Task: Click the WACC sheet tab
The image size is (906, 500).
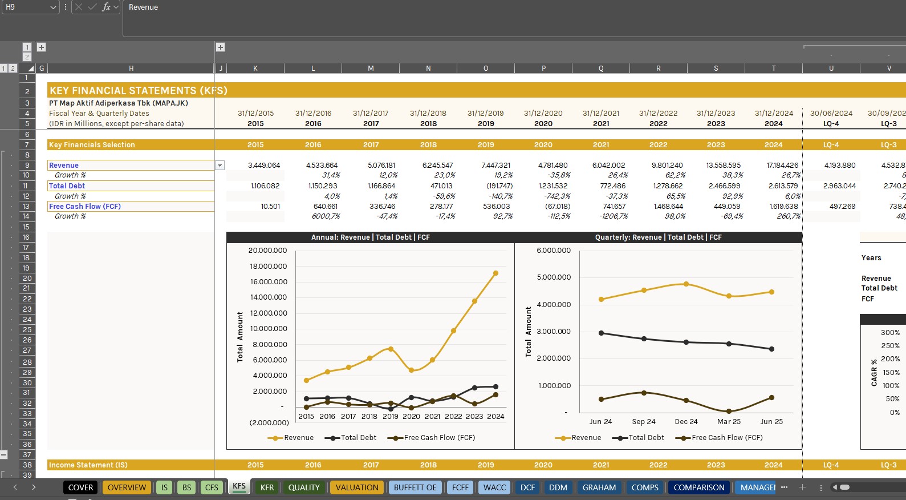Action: [x=494, y=487]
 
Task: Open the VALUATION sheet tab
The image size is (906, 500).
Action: [x=357, y=487]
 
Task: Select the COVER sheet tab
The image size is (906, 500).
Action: [x=80, y=487]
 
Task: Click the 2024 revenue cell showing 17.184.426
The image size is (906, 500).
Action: [x=782, y=166]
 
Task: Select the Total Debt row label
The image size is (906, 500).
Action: [x=67, y=186]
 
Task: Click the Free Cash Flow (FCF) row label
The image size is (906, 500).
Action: [x=84, y=207]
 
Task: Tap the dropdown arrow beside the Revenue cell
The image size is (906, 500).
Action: [x=220, y=166]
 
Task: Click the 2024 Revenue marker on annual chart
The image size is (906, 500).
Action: [x=495, y=273]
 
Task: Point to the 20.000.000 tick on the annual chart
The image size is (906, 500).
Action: [x=267, y=251]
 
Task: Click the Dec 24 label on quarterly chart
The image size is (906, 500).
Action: [x=686, y=422]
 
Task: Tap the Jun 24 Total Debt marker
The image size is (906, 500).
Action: [x=601, y=333]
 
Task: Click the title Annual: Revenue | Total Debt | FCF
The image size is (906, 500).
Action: [x=370, y=237]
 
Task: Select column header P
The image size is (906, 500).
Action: [x=543, y=68]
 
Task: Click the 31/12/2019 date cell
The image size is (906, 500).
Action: [x=485, y=114]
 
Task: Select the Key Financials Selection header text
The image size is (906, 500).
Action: [x=92, y=145]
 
